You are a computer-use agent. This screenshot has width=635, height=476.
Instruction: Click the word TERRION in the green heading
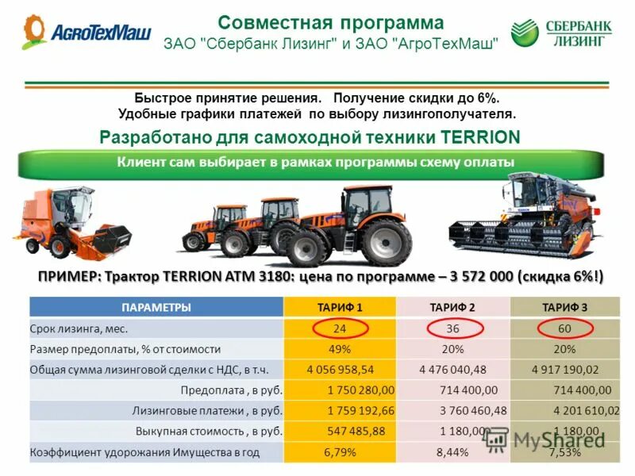[x=480, y=137]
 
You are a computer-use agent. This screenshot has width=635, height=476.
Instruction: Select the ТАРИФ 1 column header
[x=340, y=307]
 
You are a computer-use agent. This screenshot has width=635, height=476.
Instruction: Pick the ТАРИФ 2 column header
[x=452, y=307]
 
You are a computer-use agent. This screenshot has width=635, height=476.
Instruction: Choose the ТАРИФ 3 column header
[x=564, y=307]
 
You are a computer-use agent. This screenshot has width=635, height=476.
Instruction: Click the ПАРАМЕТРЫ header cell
[x=156, y=307]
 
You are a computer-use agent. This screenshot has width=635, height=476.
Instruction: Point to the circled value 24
[x=340, y=328]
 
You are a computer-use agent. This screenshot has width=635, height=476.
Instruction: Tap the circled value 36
[x=452, y=328]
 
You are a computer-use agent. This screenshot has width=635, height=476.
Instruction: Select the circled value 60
[x=564, y=328]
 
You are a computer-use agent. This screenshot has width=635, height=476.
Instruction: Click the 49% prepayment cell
[x=341, y=349]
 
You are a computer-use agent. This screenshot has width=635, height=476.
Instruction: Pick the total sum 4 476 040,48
[x=452, y=370]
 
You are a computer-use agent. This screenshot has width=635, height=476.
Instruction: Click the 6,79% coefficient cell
[x=340, y=452]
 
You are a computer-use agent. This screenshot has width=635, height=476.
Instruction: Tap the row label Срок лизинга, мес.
[x=79, y=328]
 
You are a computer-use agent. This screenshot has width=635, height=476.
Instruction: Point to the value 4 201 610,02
[x=586, y=411]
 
